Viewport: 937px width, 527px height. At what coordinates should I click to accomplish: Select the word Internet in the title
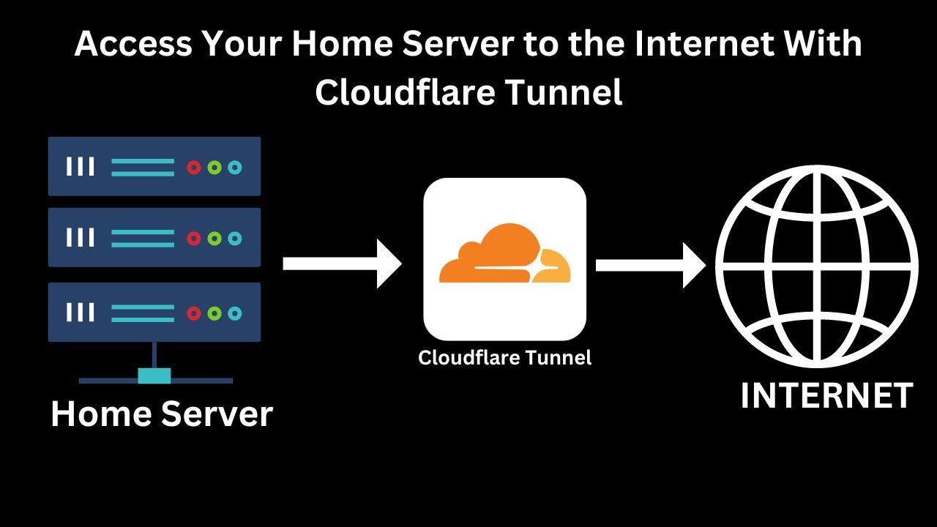[703, 45]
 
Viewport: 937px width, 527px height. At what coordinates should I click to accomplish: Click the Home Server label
[162, 414]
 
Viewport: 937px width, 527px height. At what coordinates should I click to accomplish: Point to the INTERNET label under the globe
[826, 396]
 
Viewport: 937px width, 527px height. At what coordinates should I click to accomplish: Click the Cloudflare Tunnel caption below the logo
[504, 358]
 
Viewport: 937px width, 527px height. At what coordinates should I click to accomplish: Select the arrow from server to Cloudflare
[343, 263]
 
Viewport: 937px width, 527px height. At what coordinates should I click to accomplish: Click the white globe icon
[816, 266]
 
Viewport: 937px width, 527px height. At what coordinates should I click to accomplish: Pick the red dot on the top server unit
[193, 168]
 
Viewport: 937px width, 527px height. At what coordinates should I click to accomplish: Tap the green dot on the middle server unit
[214, 239]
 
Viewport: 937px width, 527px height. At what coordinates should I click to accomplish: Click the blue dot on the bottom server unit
[234, 313]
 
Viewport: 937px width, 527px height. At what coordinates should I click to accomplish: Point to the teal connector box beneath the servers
[154, 375]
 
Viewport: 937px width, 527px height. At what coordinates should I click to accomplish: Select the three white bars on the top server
[81, 167]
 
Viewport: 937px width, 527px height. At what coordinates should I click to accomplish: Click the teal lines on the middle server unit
[143, 239]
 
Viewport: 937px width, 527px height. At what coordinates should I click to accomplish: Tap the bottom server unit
[154, 313]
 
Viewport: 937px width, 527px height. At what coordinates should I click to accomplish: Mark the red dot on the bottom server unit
[193, 313]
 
